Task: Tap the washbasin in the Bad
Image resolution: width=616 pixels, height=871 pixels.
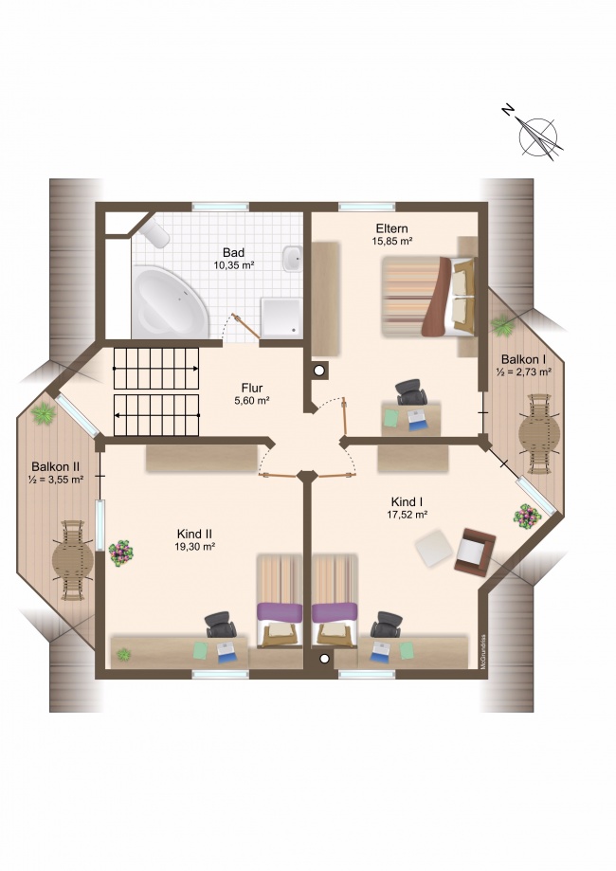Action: [x=292, y=259]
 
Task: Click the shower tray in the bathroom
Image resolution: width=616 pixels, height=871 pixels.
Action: [x=281, y=318]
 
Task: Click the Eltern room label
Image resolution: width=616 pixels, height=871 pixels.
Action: [x=391, y=228]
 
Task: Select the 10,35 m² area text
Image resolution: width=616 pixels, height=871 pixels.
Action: [x=234, y=265]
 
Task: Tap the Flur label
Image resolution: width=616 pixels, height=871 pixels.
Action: [x=252, y=388]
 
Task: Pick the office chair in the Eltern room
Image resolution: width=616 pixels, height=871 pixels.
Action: [x=410, y=392]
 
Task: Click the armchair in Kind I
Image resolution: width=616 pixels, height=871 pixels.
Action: [x=475, y=551]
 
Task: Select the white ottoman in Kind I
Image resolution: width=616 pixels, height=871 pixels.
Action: [x=434, y=548]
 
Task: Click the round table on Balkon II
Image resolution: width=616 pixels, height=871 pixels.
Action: [x=72, y=560]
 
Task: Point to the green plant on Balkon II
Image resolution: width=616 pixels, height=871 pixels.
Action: [x=43, y=413]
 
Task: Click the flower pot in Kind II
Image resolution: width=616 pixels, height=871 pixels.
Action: [x=121, y=553]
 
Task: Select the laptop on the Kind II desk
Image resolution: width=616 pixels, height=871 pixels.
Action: [x=227, y=651]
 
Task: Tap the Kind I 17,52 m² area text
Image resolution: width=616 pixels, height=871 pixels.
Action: [x=408, y=515]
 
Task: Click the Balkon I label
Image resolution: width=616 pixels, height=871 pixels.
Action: [x=523, y=359]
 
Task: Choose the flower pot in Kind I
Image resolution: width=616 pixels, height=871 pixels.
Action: [x=527, y=516]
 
